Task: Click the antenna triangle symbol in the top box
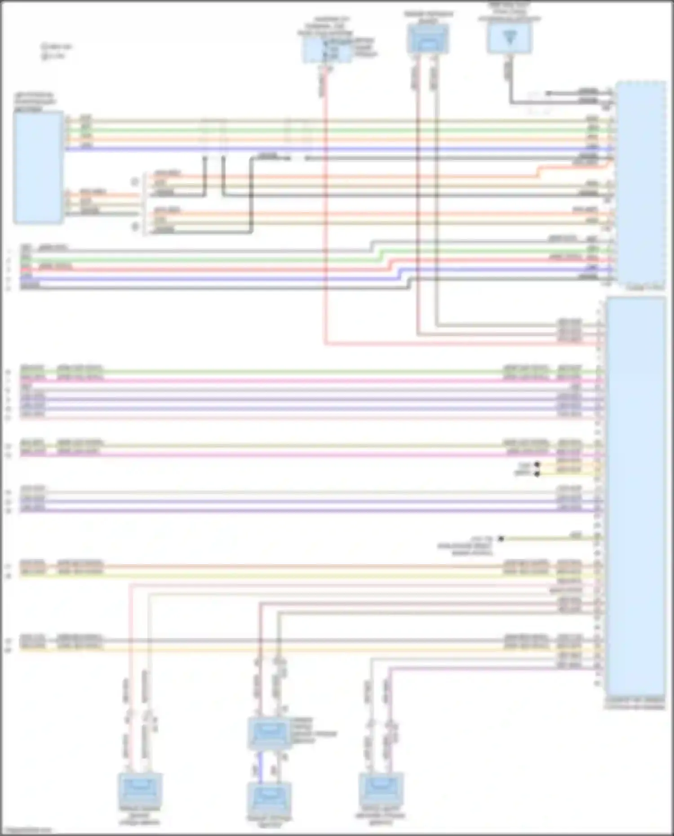(x=509, y=38)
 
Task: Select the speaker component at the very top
(x=428, y=39)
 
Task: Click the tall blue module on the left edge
(x=38, y=167)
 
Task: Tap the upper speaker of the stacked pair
(x=269, y=733)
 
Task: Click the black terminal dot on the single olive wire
(x=501, y=538)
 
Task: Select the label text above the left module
(x=35, y=102)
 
